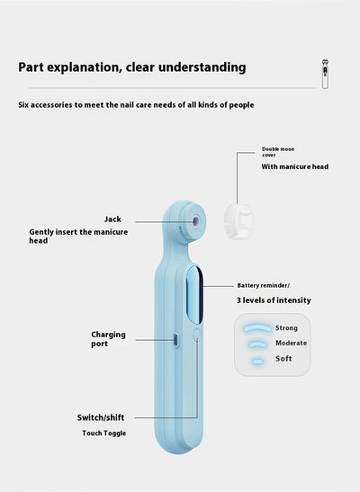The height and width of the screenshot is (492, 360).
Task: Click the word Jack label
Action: pyautogui.click(x=112, y=219)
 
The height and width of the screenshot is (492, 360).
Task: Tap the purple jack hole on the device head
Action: pyautogui.click(x=196, y=221)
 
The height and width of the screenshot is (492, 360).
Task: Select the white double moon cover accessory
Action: pyautogui.click(x=238, y=221)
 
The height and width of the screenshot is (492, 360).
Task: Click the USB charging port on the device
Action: pyautogui.click(x=175, y=340)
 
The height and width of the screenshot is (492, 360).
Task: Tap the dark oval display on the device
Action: pyautogui.click(x=195, y=295)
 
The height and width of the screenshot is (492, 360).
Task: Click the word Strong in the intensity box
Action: pyautogui.click(x=286, y=328)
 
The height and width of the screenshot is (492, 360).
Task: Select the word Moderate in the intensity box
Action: pyautogui.click(x=291, y=343)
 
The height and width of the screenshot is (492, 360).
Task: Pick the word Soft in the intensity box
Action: pyautogui.click(x=283, y=358)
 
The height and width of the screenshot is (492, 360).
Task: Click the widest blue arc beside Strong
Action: pyautogui.click(x=257, y=327)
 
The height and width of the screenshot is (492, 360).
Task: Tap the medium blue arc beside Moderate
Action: pyautogui.click(x=257, y=344)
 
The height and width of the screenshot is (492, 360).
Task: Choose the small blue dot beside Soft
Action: pyautogui.click(x=257, y=362)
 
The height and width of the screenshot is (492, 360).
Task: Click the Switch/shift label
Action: pyautogui.click(x=101, y=417)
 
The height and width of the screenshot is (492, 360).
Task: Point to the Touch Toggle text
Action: pyautogui.click(x=103, y=434)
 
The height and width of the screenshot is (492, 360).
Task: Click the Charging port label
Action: pyautogui.click(x=108, y=339)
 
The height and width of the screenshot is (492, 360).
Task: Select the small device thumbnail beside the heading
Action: pyautogui.click(x=325, y=74)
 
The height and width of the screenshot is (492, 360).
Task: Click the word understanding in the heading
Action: pyautogui.click(x=202, y=67)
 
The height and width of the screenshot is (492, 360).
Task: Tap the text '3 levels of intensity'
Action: pyautogui.click(x=274, y=300)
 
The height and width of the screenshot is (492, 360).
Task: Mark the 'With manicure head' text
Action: pyautogui.click(x=294, y=166)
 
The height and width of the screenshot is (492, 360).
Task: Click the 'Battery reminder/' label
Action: pyautogui.click(x=264, y=285)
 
